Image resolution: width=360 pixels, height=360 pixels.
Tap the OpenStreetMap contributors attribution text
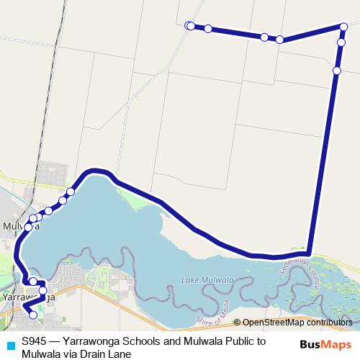pos(297,323)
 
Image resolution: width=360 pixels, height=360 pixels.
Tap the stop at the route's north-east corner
pos(344,27)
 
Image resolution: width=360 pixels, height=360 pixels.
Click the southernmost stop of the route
pos(32,315)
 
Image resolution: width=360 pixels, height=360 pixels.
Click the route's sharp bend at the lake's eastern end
pos(308,251)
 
